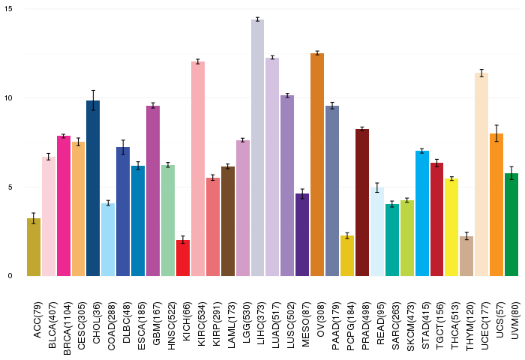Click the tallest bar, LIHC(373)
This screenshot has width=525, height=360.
pos(257,148)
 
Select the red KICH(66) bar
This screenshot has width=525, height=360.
pos(183,258)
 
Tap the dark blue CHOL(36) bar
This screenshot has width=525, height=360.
pos(93,188)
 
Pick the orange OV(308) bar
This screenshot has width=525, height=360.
pos(317,164)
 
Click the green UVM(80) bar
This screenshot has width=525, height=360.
pos(511,225)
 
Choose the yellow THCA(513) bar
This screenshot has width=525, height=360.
pos(451,227)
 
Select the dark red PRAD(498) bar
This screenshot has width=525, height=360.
pos(362,202)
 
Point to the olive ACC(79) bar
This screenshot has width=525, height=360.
pos(34,247)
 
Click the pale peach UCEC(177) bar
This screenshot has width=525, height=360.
pos(481,175)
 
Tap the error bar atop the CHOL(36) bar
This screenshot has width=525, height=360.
pos(93,100)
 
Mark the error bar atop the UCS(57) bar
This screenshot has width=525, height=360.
pos(496,133)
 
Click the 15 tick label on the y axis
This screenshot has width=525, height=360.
pos(8,9)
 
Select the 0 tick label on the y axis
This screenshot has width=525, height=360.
pos(10,276)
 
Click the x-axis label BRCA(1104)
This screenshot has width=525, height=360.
pos(67,328)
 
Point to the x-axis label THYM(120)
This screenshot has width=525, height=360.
pos(469,326)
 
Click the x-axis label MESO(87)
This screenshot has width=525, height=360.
pos(305,325)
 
